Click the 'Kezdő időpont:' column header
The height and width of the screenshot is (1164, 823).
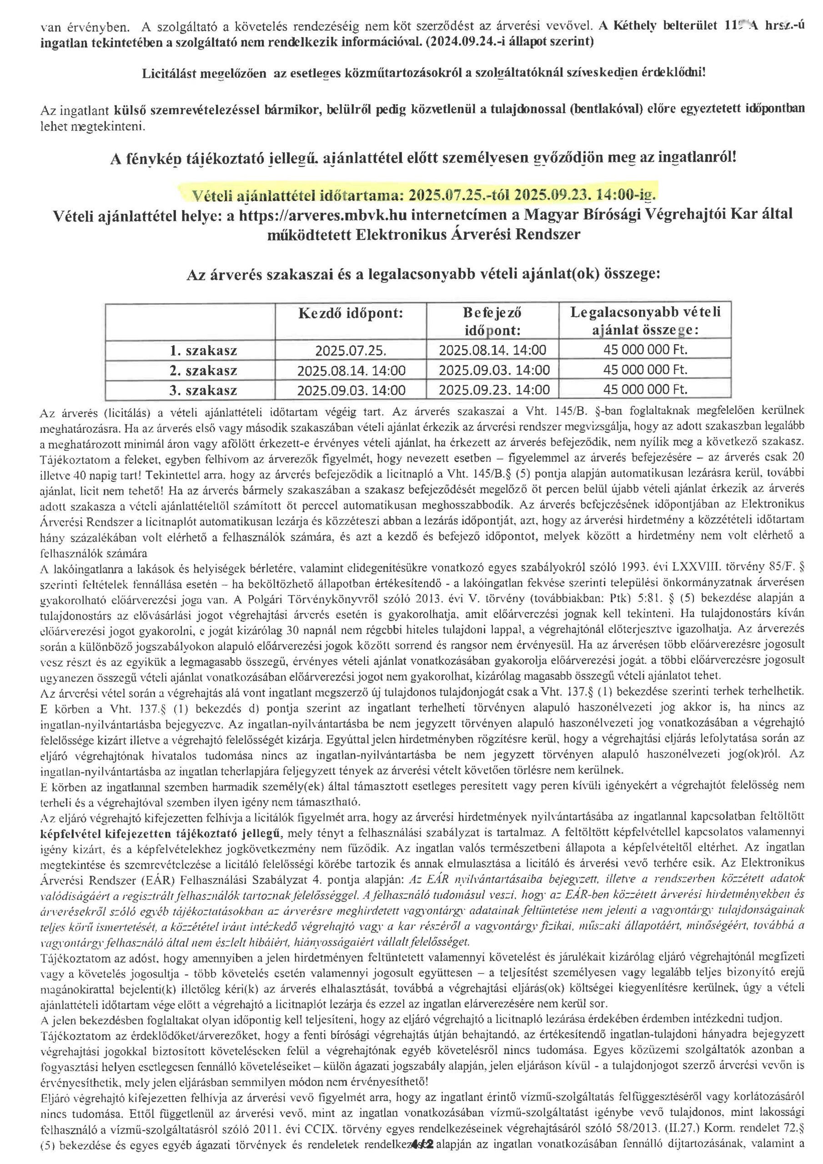tap(351, 313)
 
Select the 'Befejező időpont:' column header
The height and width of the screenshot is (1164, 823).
tap(492, 322)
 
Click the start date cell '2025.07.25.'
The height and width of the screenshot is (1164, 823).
tap(351, 350)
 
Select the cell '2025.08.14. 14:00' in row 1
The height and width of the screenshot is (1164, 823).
tap(492, 350)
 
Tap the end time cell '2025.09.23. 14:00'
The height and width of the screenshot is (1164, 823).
tap(493, 389)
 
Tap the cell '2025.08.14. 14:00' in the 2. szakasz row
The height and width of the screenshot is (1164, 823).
tap(351, 371)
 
